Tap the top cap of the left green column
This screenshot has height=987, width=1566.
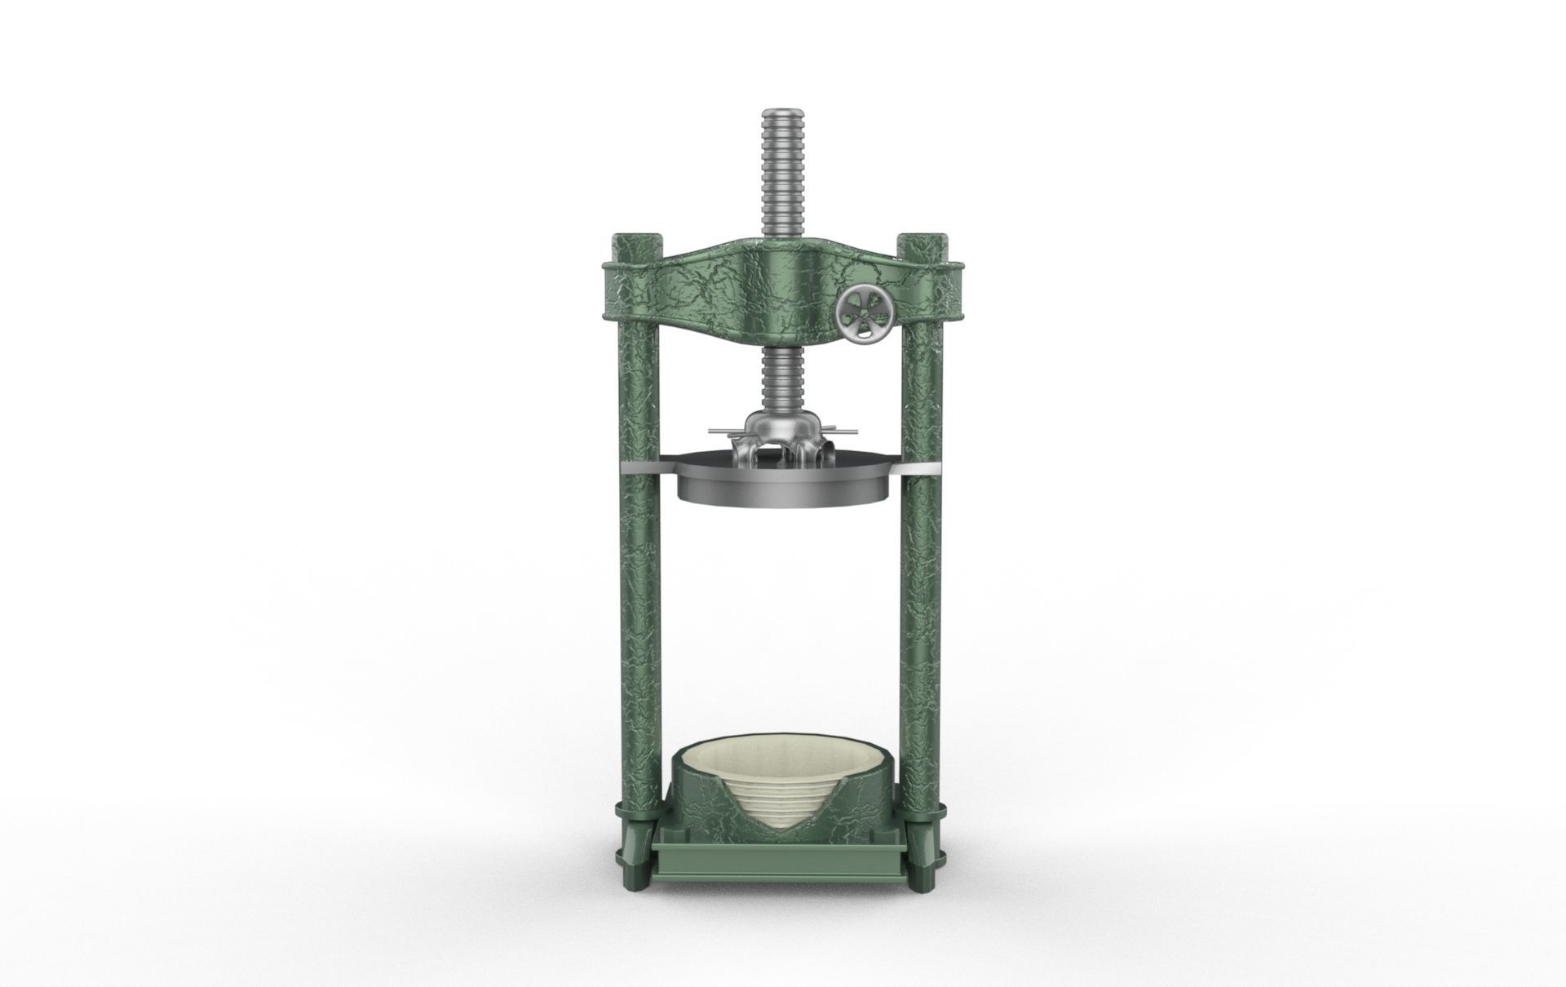pos(637,241)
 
